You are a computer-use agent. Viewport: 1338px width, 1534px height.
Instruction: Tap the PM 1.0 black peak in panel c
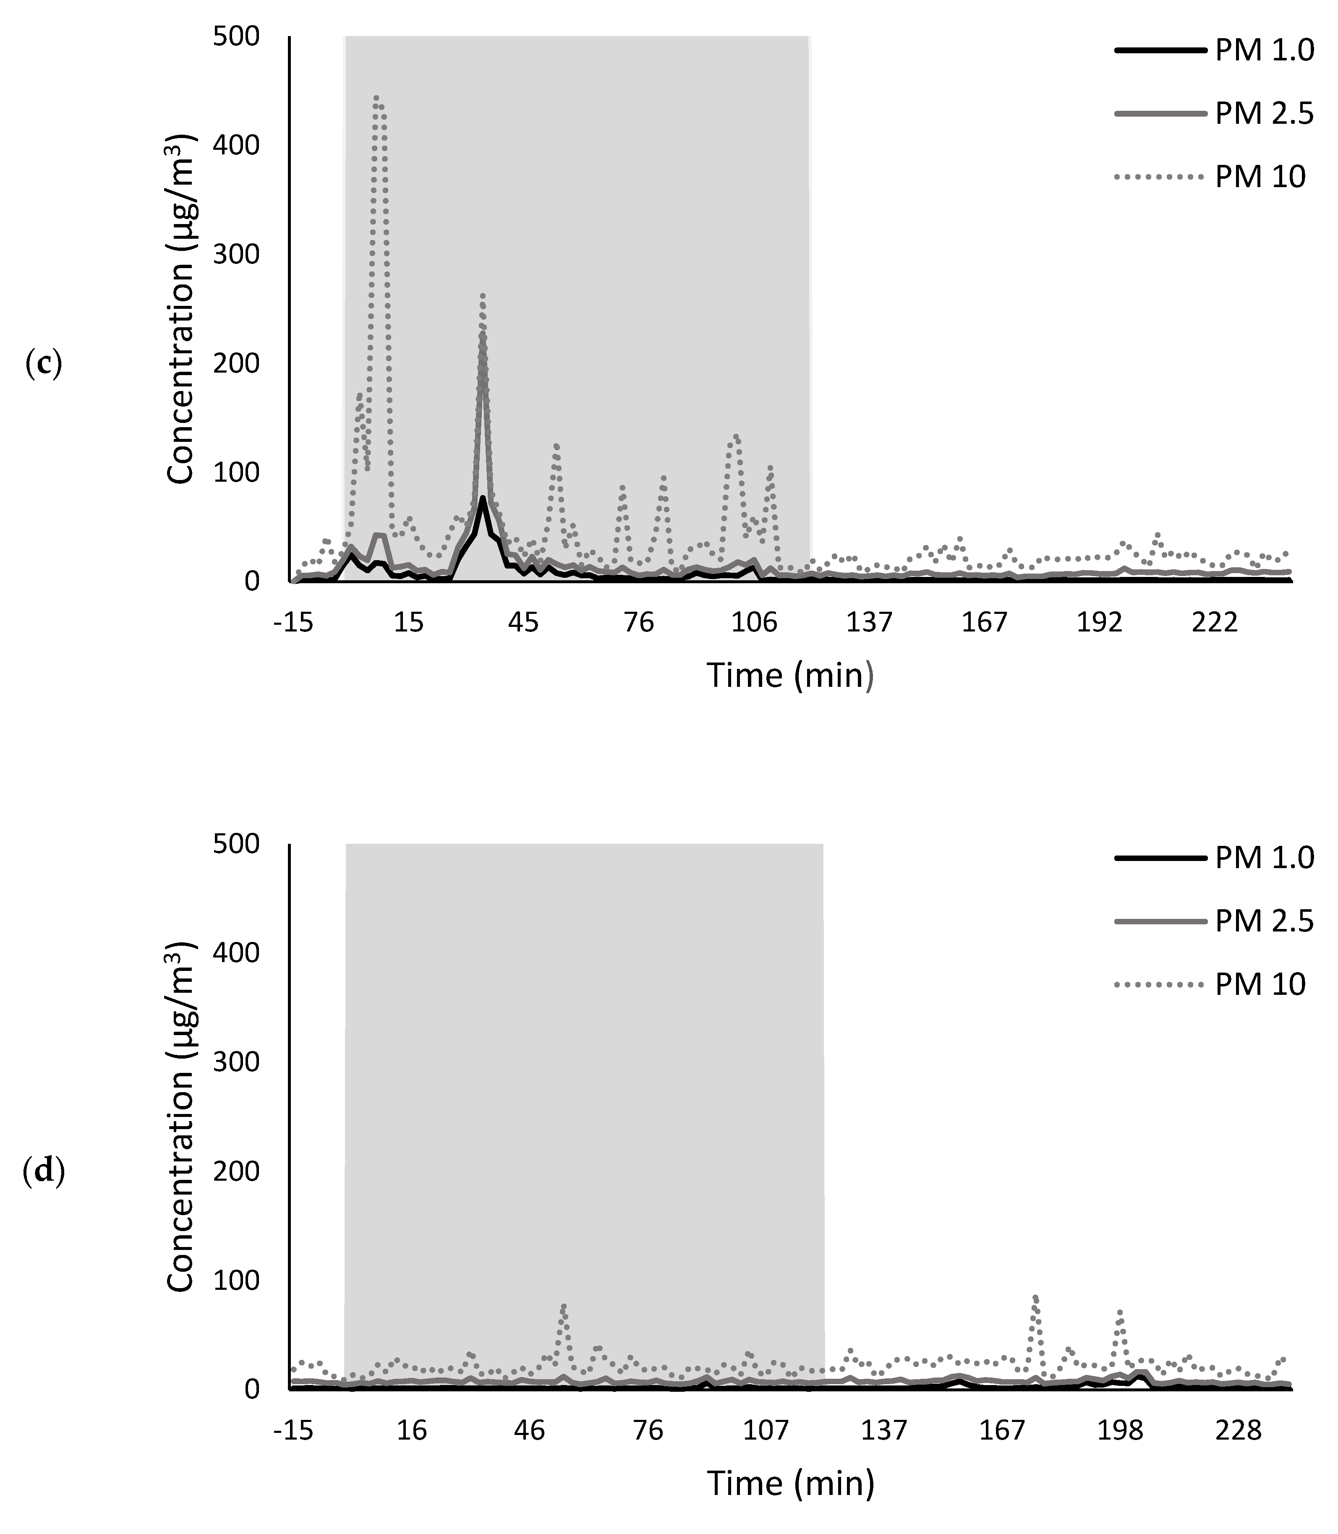[483, 498]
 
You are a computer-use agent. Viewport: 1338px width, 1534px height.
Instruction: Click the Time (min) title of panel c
[790, 676]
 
